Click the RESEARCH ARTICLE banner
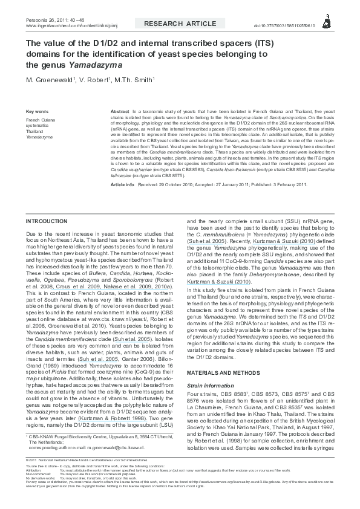[179, 24]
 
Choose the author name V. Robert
[98, 80]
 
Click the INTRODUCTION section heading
[47, 222]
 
